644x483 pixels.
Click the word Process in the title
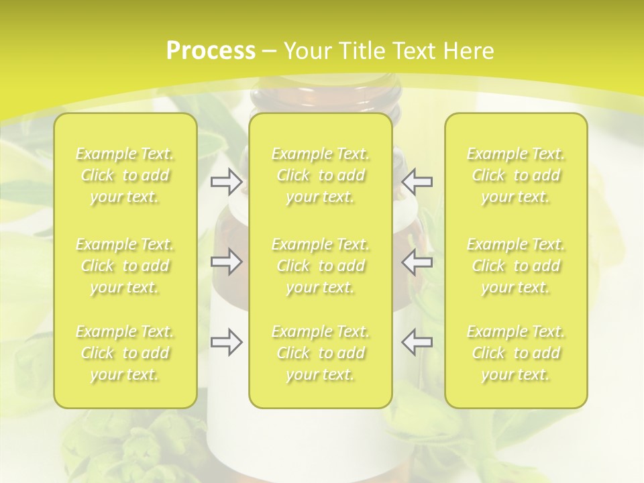(x=211, y=51)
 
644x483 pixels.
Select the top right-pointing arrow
(x=226, y=181)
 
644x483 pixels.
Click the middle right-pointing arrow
(x=226, y=262)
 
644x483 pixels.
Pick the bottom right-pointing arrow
(x=226, y=342)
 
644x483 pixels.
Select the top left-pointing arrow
(x=417, y=181)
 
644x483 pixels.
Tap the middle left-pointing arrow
(x=417, y=262)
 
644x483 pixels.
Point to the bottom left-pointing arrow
(x=417, y=342)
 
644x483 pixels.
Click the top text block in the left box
(x=125, y=176)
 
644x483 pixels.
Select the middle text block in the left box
(x=125, y=266)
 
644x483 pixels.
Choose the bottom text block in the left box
(x=125, y=353)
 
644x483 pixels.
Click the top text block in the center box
(x=321, y=176)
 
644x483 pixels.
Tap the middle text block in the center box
(x=321, y=266)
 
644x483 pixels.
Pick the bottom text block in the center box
(x=321, y=353)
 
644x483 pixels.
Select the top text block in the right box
(x=516, y=176)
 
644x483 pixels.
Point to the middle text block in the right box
(x=516, y=266)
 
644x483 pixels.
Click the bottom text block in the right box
(x=516, y=353)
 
